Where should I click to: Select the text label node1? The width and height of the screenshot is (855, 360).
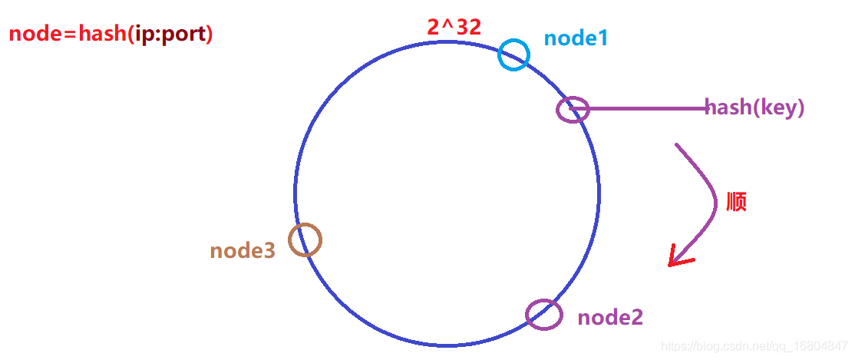click(576, 38)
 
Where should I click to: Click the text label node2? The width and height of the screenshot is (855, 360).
click(610, 318)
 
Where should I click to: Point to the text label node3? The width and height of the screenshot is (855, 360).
click(243, 251)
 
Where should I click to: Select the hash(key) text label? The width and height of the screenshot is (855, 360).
click(754, 107)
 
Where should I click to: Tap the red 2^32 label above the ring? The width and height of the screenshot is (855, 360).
click(454, 28)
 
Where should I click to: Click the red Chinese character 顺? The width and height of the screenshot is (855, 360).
click(736, 203)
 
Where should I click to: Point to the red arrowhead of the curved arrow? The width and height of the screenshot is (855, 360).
click(678, 257)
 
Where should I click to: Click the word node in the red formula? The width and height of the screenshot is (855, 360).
click(33, 35)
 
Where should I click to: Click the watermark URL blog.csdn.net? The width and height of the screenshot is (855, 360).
click(748, 346)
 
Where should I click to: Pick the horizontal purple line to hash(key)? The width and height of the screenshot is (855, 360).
click(639, 109)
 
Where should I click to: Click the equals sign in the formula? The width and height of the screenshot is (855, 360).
click(68, 35)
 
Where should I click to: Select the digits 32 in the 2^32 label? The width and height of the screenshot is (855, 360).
click(468, 28)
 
